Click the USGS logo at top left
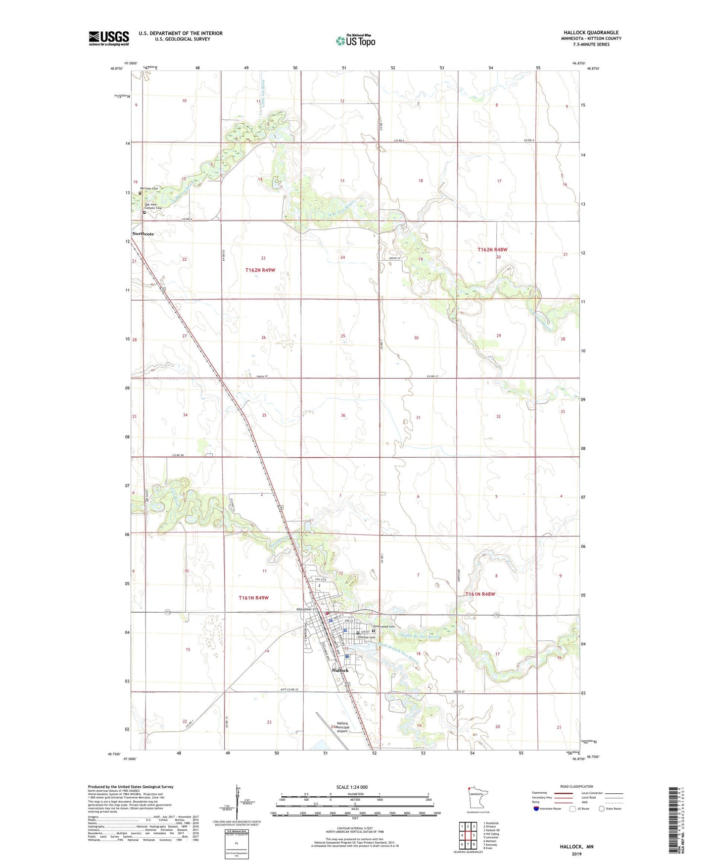click(109, 38)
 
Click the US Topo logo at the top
click(355, 41)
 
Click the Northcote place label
click(143, 234)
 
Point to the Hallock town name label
click(340, 670)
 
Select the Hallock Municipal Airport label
click(343, 727)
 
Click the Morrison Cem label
click(149, 189)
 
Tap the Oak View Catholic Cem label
click(153, 206)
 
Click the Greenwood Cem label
click(384, 626)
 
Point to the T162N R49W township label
click(260, 270)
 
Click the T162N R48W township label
click(492, 250)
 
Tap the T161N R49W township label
click(253, 598)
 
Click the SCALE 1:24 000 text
click(352, 787)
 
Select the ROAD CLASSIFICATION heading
click(576, 786)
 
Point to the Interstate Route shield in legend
click(537, 809)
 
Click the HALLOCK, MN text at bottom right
click(576, 847)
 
